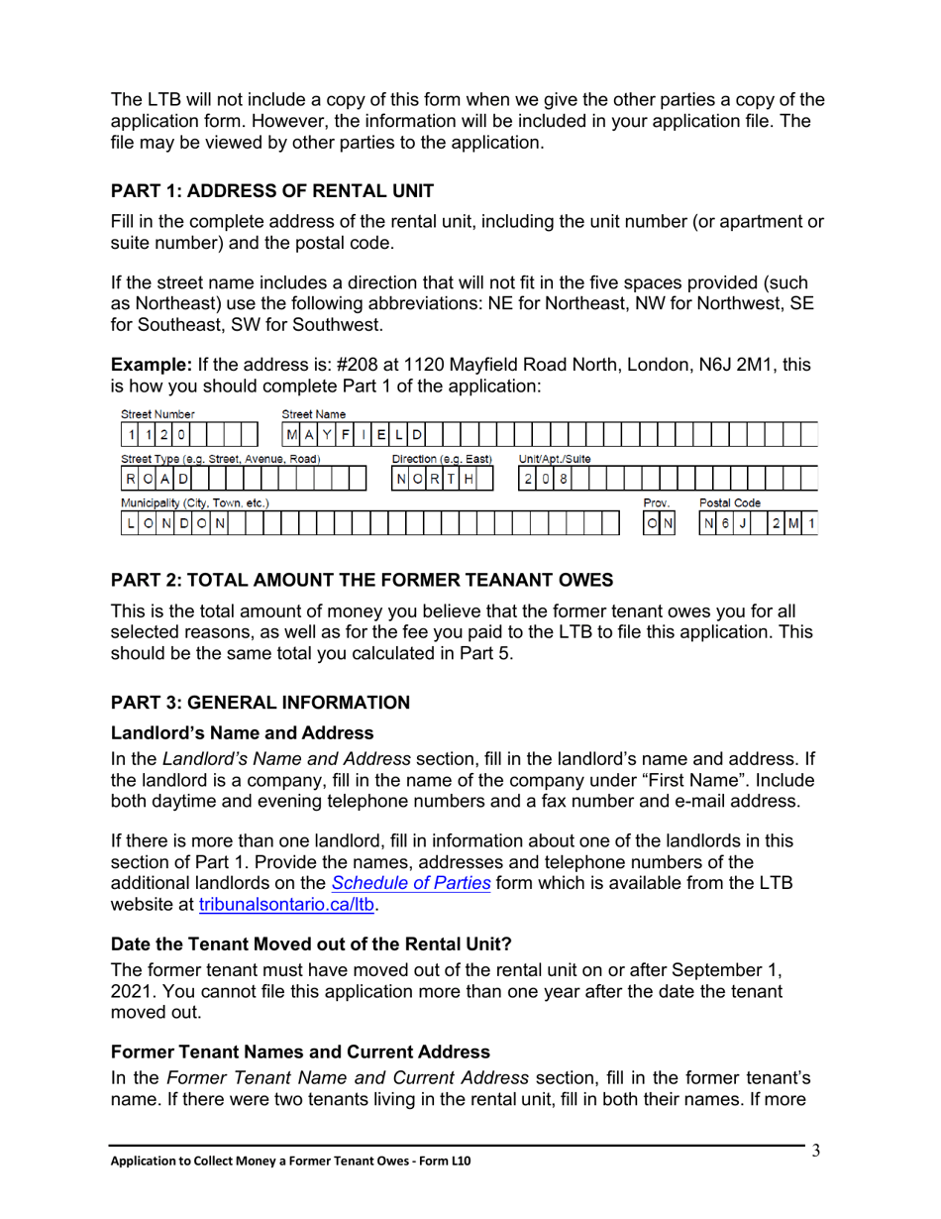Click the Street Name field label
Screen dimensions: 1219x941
pyautogui.click(x=314, y=413)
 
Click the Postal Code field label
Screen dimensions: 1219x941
pyautogui.click(x=730, y=502)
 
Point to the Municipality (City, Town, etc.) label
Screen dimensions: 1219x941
pyautogui.click(x=195, y=502)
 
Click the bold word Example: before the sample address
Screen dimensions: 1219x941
pyautogui.click(x=152, y=366)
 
